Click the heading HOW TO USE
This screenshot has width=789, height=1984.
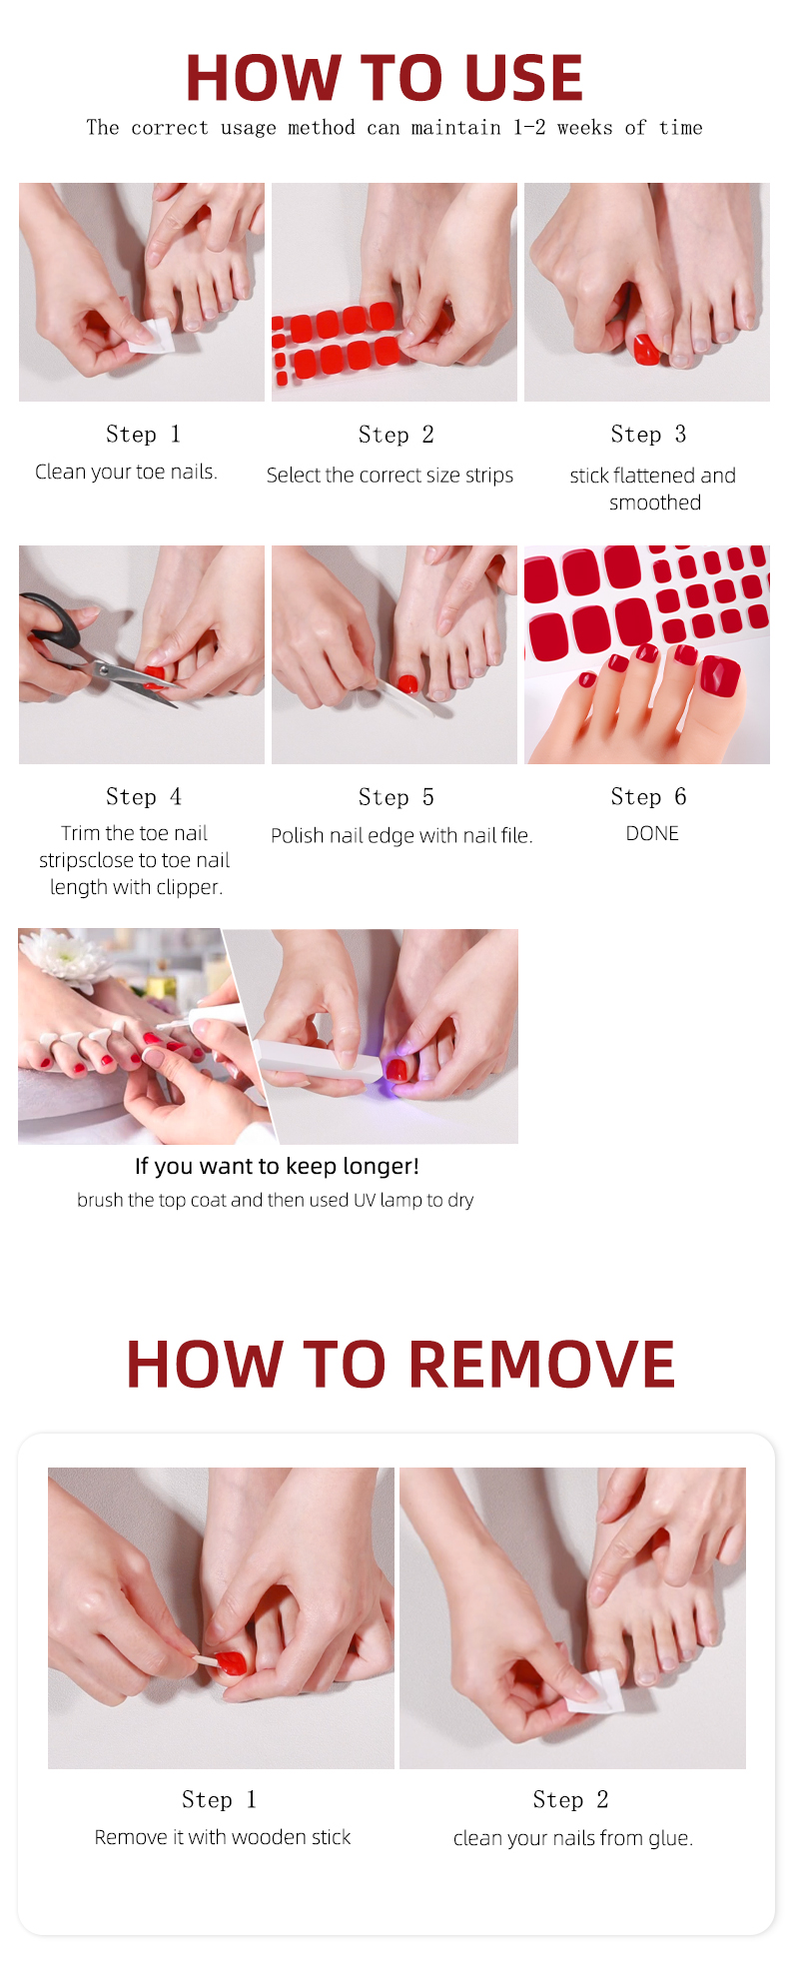tap(385, 78)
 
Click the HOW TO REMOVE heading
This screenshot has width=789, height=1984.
tap(400, 1365)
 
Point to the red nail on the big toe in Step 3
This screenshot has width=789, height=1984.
tap(645, 348)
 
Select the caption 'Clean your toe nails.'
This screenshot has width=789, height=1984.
tap(126, 472)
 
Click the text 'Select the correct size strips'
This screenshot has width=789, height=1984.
tap(390, 476)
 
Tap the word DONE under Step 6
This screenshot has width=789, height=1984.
tap(652, 833)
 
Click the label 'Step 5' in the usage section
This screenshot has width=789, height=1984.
tap(395, 797)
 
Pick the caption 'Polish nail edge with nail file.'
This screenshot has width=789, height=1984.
tap(401, 835)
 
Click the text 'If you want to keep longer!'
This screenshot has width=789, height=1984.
tap(277, 1166)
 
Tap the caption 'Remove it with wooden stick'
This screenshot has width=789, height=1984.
tap(223, 1837)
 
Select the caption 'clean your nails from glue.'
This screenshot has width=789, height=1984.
tap(573, 1838)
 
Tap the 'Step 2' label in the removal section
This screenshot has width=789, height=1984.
tap(570, 1799)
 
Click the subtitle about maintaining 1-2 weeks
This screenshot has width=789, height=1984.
tap(394, 128)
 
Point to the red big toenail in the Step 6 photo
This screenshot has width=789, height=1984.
tap(720, 675)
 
